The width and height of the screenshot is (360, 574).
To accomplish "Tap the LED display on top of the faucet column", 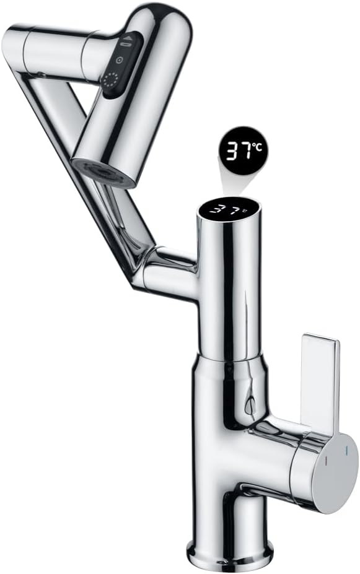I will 229,209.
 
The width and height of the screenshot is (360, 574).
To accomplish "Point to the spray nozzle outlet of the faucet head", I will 103,173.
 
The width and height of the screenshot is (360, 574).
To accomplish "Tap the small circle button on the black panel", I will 120,60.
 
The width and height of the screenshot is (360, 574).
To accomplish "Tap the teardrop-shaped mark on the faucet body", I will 250,406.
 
